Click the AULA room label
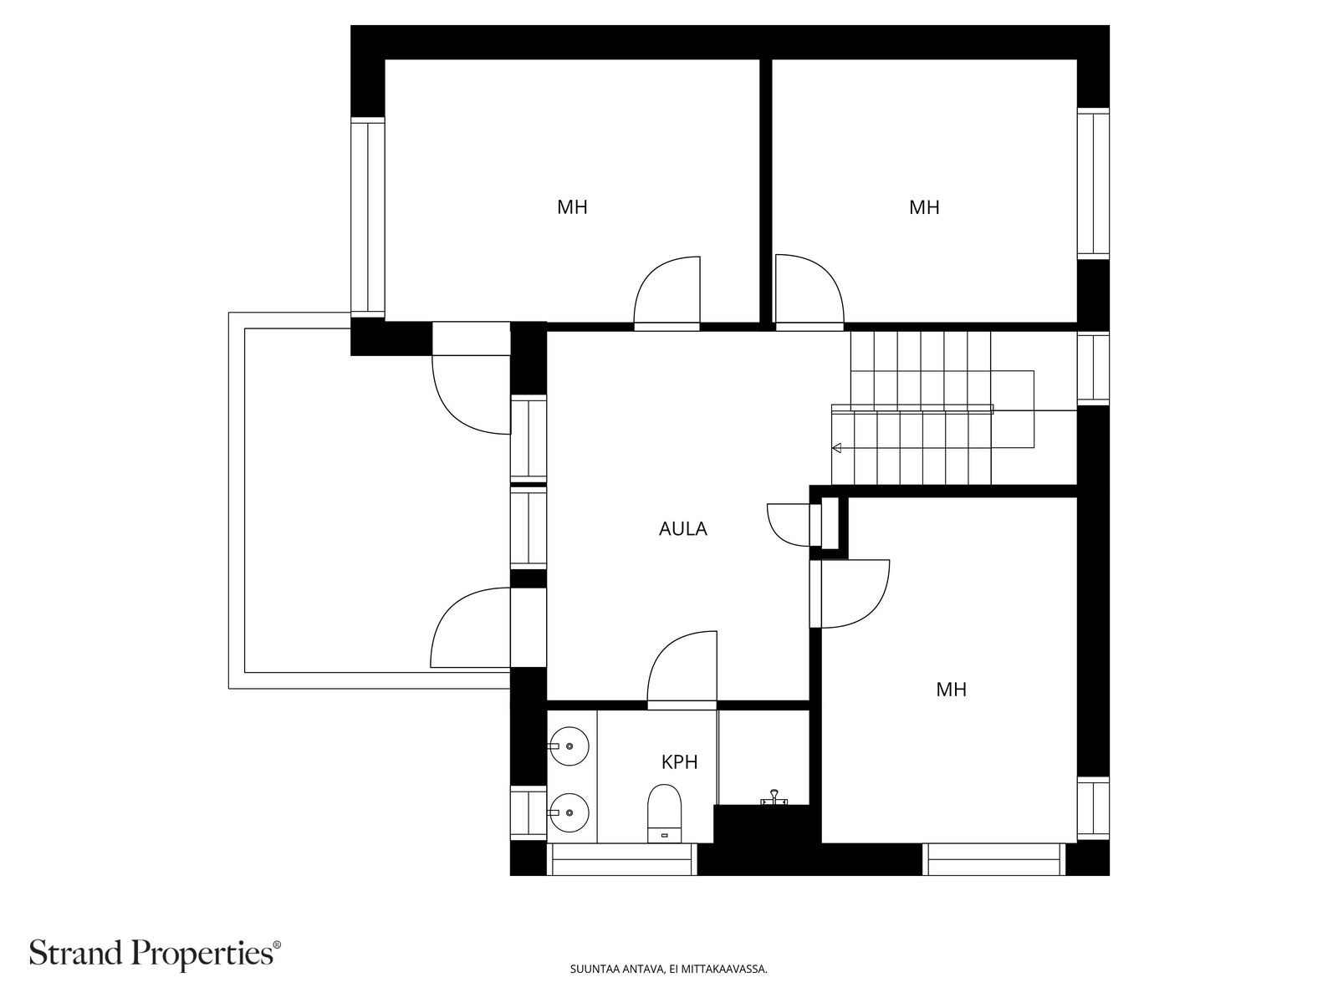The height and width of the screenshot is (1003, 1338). click(x=682, y=528)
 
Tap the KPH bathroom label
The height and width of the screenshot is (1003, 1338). click(x=679, y=761)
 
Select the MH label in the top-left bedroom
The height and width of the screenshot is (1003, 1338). click(x=572, y=207)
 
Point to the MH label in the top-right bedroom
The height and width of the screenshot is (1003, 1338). click(x=924, y=207)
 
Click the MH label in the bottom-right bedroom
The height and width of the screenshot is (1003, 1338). click(x=951, y=690)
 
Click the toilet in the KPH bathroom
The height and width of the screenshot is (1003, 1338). click(x=664, y=813)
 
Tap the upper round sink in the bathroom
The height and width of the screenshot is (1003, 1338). click(x=569, y=746)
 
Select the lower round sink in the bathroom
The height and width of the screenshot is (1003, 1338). click(x=569, y=812)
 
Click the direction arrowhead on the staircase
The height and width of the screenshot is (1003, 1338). click(x=836, y=448)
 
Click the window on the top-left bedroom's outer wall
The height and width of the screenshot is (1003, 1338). click(x=368, y=217)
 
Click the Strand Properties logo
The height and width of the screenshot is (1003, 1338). click(x=156, y=953)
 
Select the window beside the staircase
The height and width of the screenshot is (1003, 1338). click(x=1093, y=369)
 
